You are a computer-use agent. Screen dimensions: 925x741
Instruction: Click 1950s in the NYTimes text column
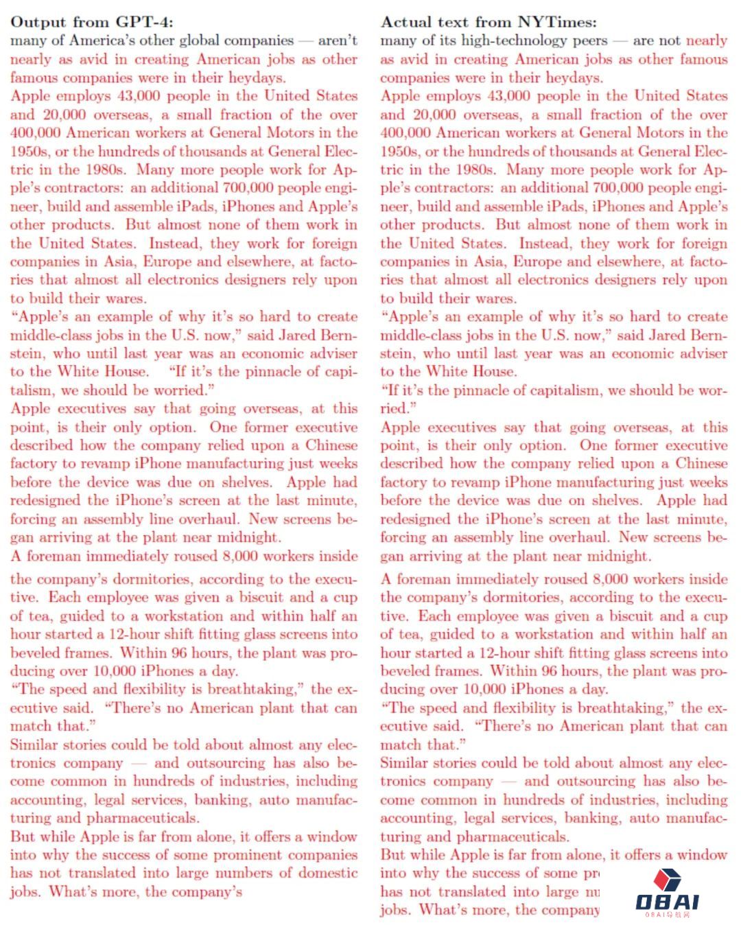(x=399, y=151)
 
